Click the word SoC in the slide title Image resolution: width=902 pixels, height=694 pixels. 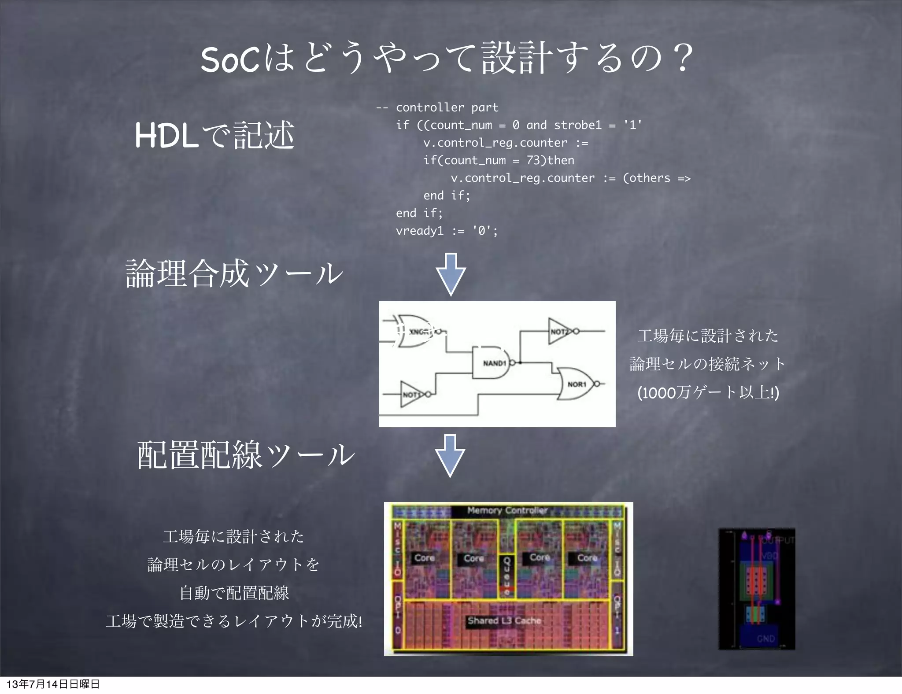229,59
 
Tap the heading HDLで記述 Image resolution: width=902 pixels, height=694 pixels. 214,135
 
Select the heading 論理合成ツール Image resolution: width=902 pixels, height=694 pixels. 234,273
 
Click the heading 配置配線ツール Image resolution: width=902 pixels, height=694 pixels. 246,455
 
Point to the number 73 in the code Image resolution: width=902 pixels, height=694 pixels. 533,160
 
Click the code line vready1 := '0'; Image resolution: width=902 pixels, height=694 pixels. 446,231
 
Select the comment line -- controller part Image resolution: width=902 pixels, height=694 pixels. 437,107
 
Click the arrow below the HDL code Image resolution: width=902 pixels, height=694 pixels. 451,274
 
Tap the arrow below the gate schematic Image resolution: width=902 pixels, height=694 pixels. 450,455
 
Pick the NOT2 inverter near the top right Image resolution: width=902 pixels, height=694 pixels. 560,331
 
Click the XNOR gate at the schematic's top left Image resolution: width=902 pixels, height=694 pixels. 416,331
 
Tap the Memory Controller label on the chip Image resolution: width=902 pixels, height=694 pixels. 507,510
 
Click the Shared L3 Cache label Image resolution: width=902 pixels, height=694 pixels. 504,620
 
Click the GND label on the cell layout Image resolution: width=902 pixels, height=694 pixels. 765,639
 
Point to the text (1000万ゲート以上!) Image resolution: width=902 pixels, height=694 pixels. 708,392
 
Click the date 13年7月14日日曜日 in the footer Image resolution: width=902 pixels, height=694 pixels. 53,684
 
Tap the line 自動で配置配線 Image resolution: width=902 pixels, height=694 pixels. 234,593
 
